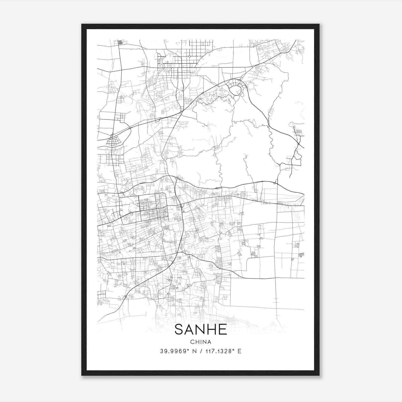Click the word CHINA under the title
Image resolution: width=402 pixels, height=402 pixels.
click(200, 342)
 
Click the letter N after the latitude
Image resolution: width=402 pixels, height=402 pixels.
click(194, 351)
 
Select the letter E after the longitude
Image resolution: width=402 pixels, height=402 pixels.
click(239, 351)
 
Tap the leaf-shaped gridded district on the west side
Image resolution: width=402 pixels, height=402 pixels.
click(115, 141)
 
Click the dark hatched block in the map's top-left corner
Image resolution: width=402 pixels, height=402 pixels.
click(121, 42)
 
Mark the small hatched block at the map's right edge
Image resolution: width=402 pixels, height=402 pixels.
click(301, 255)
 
